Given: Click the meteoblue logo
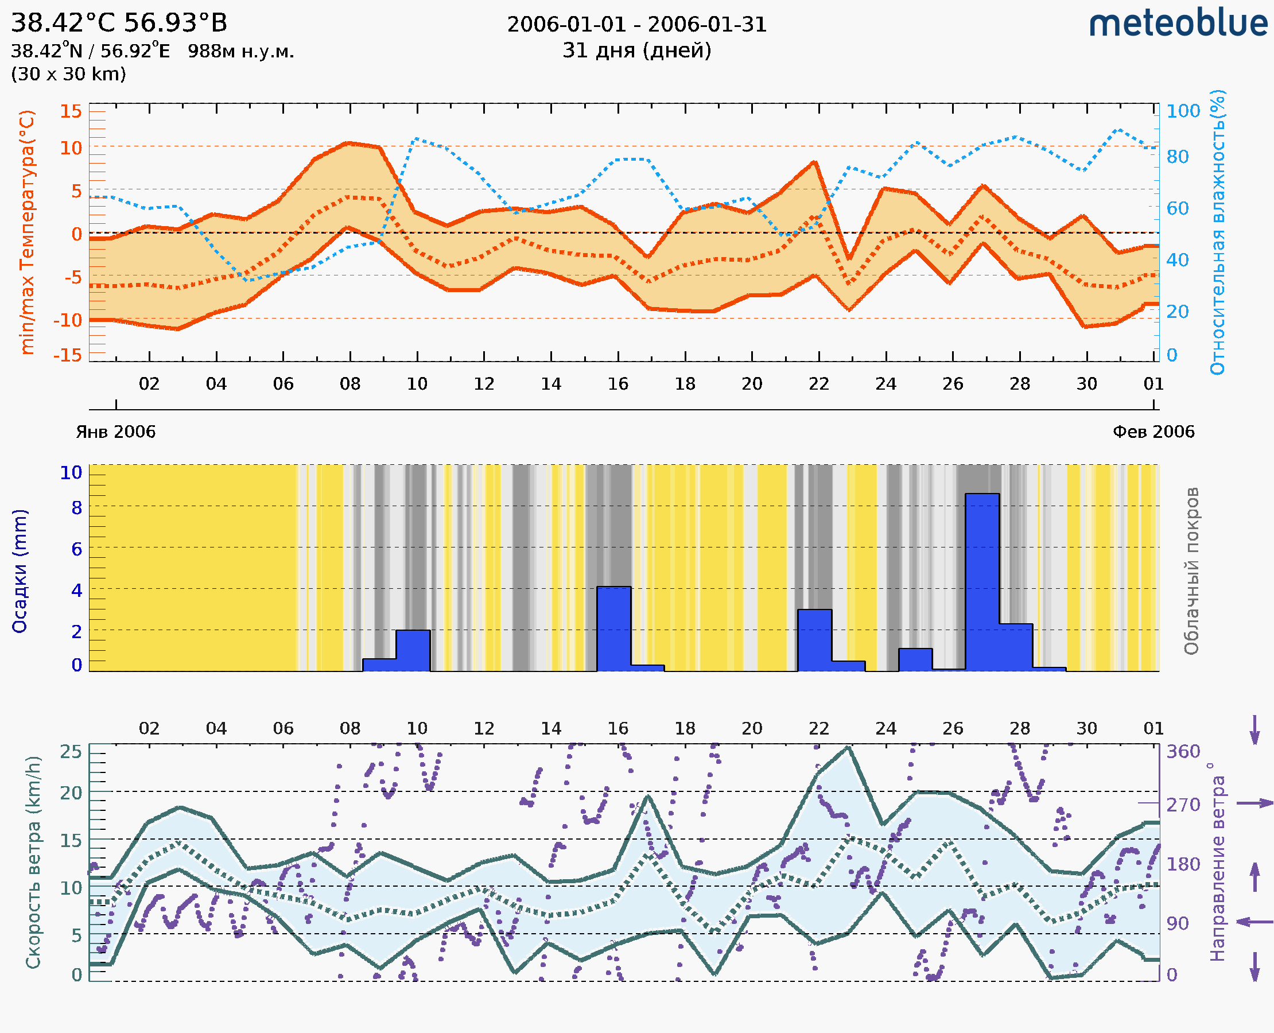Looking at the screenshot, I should (x=1178, y=24).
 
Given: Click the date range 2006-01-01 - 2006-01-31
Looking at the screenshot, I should (x=636, y=25).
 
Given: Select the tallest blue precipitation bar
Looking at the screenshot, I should (x=982, y=581).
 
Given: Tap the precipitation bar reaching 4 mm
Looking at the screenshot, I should (x=613, y=628).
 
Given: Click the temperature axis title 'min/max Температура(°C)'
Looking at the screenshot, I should (x=28, y=232).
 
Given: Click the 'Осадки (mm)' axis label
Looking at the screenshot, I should (x=20, y=571).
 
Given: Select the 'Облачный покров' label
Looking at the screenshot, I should (x=1191, y=571).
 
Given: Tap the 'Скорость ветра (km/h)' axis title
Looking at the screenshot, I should (x=33, y=862).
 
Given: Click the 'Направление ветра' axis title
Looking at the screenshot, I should (x=1218, y=862).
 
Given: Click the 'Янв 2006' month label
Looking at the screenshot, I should (x=115, y=432).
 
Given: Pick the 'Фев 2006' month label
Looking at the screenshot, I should (x=1153, y=432).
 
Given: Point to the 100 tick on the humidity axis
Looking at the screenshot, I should (x=1183, y=111).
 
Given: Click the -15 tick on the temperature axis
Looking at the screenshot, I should (x=68, y=355).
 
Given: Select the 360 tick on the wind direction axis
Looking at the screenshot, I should (x=1183, y=752).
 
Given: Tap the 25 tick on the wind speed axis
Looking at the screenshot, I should (x=71, y=752).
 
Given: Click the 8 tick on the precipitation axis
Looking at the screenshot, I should (x=77, y=507).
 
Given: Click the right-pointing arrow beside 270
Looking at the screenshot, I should (x=1254, y=803).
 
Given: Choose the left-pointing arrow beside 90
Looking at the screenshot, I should (x=1254, y=922).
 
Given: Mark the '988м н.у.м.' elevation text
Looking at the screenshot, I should (x=241, y=52).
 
